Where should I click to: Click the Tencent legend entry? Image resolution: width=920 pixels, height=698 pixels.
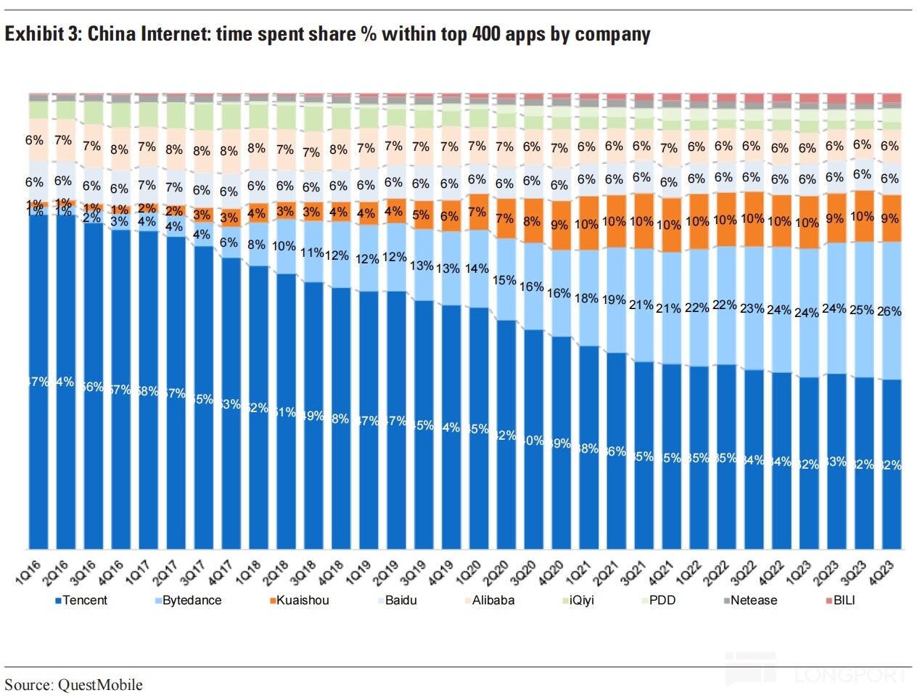(84, 601)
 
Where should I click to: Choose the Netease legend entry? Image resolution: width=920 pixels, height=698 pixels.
(753, 601)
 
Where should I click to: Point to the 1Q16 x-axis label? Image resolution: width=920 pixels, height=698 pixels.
(29, 572)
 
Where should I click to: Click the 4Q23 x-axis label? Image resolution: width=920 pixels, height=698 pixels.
(882, 572)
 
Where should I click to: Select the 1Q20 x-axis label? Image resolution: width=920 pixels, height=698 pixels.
(469, 572)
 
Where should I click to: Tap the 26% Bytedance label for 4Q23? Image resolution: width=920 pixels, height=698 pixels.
(889, 311)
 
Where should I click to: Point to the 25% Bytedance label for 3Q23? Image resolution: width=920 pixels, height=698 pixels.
(861, 310)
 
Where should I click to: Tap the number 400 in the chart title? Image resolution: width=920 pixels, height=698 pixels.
(485, 34)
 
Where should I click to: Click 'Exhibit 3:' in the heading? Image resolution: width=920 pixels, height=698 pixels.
(43, 34)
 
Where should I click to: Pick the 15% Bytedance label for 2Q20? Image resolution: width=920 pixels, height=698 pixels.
(504, 280)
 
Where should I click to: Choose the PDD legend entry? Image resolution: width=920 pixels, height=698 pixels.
(662, 601)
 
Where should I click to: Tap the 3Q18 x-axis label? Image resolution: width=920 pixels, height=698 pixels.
(303, 572)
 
